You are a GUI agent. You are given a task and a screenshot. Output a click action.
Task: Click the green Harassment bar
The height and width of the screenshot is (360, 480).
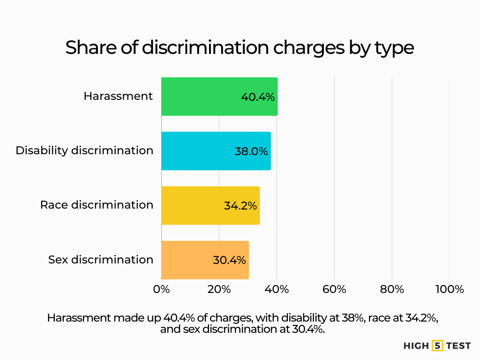tap(202, 97)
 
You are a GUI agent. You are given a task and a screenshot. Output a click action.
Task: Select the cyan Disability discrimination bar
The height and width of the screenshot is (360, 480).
tap(197, 151)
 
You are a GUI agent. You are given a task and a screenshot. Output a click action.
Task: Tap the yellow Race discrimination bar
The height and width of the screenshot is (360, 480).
tap(192, 205)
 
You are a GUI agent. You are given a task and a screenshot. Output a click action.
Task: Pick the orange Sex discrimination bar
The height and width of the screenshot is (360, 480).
tap(187, 260)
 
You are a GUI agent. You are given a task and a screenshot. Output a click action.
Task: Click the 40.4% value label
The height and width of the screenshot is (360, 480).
tap(258, 97)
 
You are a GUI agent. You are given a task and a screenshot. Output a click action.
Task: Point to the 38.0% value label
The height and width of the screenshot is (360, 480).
tap(251, 151)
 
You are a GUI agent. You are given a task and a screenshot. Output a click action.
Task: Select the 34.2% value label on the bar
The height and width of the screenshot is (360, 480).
tap(240, 206)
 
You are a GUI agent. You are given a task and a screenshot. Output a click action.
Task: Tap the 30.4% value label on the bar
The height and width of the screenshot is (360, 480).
tap(229, 260)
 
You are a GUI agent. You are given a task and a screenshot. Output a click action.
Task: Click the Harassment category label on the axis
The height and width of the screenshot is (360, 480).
tap(118, 96)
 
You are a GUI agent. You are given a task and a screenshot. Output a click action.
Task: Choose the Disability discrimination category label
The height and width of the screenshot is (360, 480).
tap(84, 150)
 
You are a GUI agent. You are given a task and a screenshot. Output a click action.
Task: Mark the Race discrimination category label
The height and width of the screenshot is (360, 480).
tap(97, 205)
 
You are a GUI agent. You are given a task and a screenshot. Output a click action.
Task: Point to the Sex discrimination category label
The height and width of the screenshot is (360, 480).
tap(101, 259)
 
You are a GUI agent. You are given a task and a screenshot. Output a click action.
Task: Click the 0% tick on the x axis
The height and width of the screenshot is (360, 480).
tap(161, 289)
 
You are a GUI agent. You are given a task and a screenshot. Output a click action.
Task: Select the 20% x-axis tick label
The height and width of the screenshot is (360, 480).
tap(219, 289)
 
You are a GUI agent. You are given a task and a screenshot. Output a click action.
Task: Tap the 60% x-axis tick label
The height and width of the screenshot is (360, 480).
tap(334, 289)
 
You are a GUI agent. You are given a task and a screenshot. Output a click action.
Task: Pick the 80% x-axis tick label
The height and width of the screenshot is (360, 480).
tap(392, 289)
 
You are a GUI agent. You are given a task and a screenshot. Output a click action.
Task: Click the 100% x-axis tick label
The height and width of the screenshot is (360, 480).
tap(449, 289)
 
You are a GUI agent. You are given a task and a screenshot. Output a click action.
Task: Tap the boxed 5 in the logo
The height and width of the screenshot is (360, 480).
tap(437, 346)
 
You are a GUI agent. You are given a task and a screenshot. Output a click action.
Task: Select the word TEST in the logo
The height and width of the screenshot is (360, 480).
tap(458, 346)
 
